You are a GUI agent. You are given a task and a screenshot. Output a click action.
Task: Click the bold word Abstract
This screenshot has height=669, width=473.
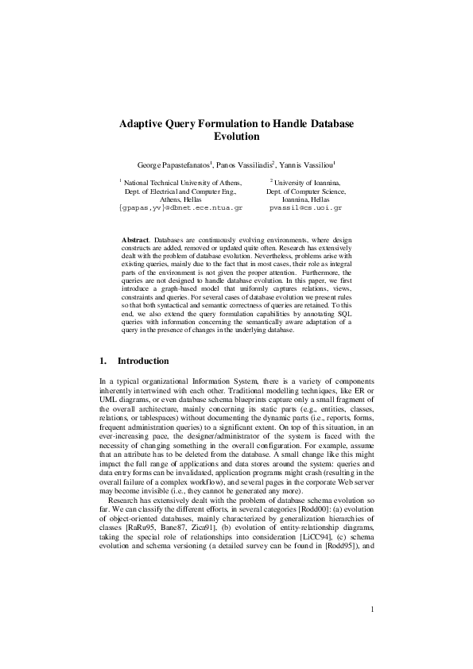(x=136, y=239)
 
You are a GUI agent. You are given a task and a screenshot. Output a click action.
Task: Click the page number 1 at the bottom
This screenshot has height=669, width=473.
(x=372, y=632)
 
